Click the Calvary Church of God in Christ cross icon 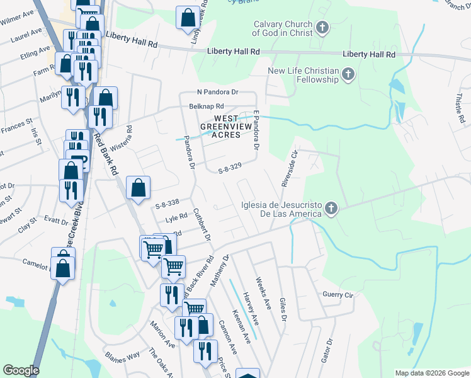point(322,28)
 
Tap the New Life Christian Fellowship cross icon point(348,76)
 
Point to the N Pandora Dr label point(218,92)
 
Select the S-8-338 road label point(167,202)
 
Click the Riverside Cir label point(289,169)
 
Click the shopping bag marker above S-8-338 point(139,187)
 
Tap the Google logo point(21,371)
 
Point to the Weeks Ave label point(263,287)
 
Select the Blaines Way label point(123,355)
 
